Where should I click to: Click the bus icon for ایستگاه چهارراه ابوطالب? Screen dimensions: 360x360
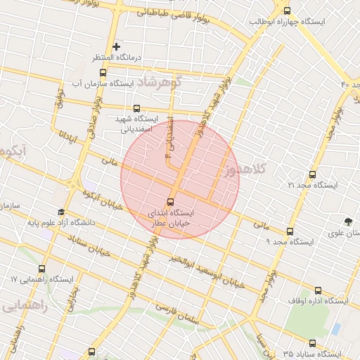(286, 10)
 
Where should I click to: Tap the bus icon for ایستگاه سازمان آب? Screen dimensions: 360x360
(103, 72)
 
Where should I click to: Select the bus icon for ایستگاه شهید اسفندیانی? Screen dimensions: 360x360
(136, 108)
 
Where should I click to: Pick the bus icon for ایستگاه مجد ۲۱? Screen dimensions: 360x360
(312, 174)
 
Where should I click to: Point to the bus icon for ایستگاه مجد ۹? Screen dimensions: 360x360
(290, 231)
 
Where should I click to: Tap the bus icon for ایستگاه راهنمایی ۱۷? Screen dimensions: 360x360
(41, 269)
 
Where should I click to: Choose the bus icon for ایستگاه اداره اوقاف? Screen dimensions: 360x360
(318, 290)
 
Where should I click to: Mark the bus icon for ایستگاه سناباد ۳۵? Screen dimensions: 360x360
(312, 343)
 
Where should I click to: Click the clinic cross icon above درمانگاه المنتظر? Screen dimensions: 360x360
(117, 46)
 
